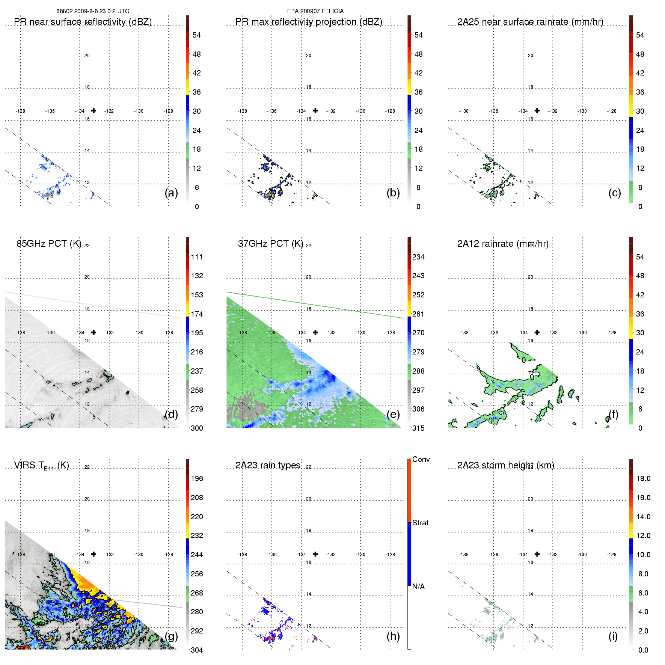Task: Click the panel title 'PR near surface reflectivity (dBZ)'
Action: pos(83,22)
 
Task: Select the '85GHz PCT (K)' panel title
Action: pos(49,244)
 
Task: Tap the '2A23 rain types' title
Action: pos(268,465)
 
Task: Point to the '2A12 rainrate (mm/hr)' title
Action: pos(503,244)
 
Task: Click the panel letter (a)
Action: pos(171,193)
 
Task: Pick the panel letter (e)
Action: pos(393,414)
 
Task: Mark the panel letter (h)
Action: pos(393,636)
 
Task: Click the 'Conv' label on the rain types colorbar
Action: pos(421,459)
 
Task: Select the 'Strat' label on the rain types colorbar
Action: pos(420,523)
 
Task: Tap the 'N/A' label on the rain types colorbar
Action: pos(418,587)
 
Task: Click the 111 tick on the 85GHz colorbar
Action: pos(197,257)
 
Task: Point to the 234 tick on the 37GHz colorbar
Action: pos(418,257)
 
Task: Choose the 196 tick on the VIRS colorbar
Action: pos(197,478)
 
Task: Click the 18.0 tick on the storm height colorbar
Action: pos(643,478)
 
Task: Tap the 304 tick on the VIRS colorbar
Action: pos(197,650)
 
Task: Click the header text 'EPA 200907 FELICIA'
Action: pos(315,11)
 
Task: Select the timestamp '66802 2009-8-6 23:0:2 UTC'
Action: pos(93,11)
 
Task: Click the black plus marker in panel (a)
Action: pos(93,110)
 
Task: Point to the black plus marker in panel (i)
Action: pos(537,554)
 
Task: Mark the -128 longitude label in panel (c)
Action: pos(612,111)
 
